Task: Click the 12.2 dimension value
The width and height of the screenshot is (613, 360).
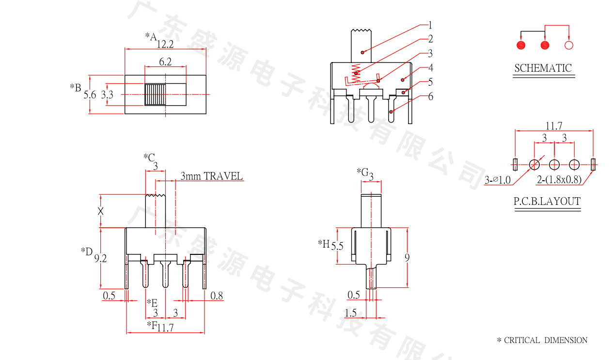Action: (x=165, y=44)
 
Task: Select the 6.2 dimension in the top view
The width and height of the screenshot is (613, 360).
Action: (x=165, y=62)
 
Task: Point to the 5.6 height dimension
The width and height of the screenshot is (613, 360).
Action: (x=90, y=95)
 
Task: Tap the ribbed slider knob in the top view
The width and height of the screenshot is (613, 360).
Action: (x=155, y=94)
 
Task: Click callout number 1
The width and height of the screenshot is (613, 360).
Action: (x=430, y=25)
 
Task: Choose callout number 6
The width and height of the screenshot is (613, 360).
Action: (x=430, y=96)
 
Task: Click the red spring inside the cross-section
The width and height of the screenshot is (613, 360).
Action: (x=357, y=73)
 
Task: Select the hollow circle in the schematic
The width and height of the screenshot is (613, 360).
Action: (x=569, y=46)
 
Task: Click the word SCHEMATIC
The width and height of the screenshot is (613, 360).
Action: (x=543, y=68)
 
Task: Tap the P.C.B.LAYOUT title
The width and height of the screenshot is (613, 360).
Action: (x=547, y=202)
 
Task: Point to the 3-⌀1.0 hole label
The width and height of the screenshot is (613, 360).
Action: (x=498, y=180)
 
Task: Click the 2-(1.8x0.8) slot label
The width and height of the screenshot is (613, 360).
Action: (x=559, y=180)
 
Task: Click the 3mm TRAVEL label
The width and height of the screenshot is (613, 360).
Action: (x=212, y=176)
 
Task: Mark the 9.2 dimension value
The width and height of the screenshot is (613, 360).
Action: (x=101, y=259)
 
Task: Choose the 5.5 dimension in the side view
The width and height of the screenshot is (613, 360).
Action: (x=337, y=246)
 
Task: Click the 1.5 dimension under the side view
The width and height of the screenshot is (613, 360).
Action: (x=350, y=313)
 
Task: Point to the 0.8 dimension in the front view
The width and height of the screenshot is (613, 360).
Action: (x=217, y=296)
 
